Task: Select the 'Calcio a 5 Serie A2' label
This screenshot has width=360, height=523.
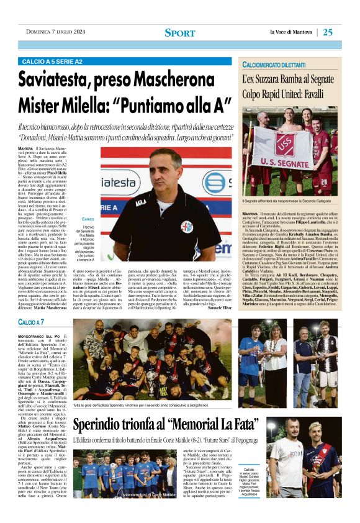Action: click(x=52, y=62)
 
